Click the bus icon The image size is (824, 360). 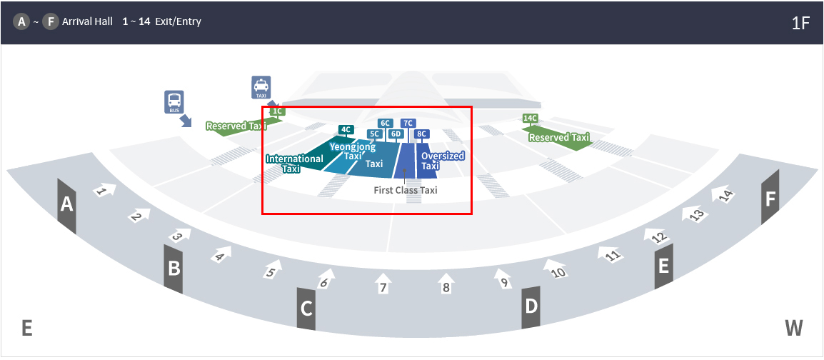[x=174, y=102]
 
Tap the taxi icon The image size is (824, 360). [x=261, y=87]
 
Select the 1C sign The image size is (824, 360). [x=278, y=111]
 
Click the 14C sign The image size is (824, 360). [x=531, y=119]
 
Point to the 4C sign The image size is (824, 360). [x=346, y=129]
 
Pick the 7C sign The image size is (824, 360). [x=408, y=123]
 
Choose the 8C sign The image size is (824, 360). [x=421, y=134]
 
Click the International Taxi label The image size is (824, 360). [x=294, y=164]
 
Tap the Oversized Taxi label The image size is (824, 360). [x=443, y=161]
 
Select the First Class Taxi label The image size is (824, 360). [x=405, y=190]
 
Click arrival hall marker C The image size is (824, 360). [x=306, y=309]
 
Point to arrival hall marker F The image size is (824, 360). [x=770, y=198]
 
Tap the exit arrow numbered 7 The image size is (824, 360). [x=383, y=284]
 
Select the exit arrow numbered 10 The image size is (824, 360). [x=555, y=268]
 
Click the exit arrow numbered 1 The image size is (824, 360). [x=104, y=190]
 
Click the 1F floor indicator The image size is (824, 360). [x=800, y=23]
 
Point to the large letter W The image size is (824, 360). [x=794, y=328]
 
